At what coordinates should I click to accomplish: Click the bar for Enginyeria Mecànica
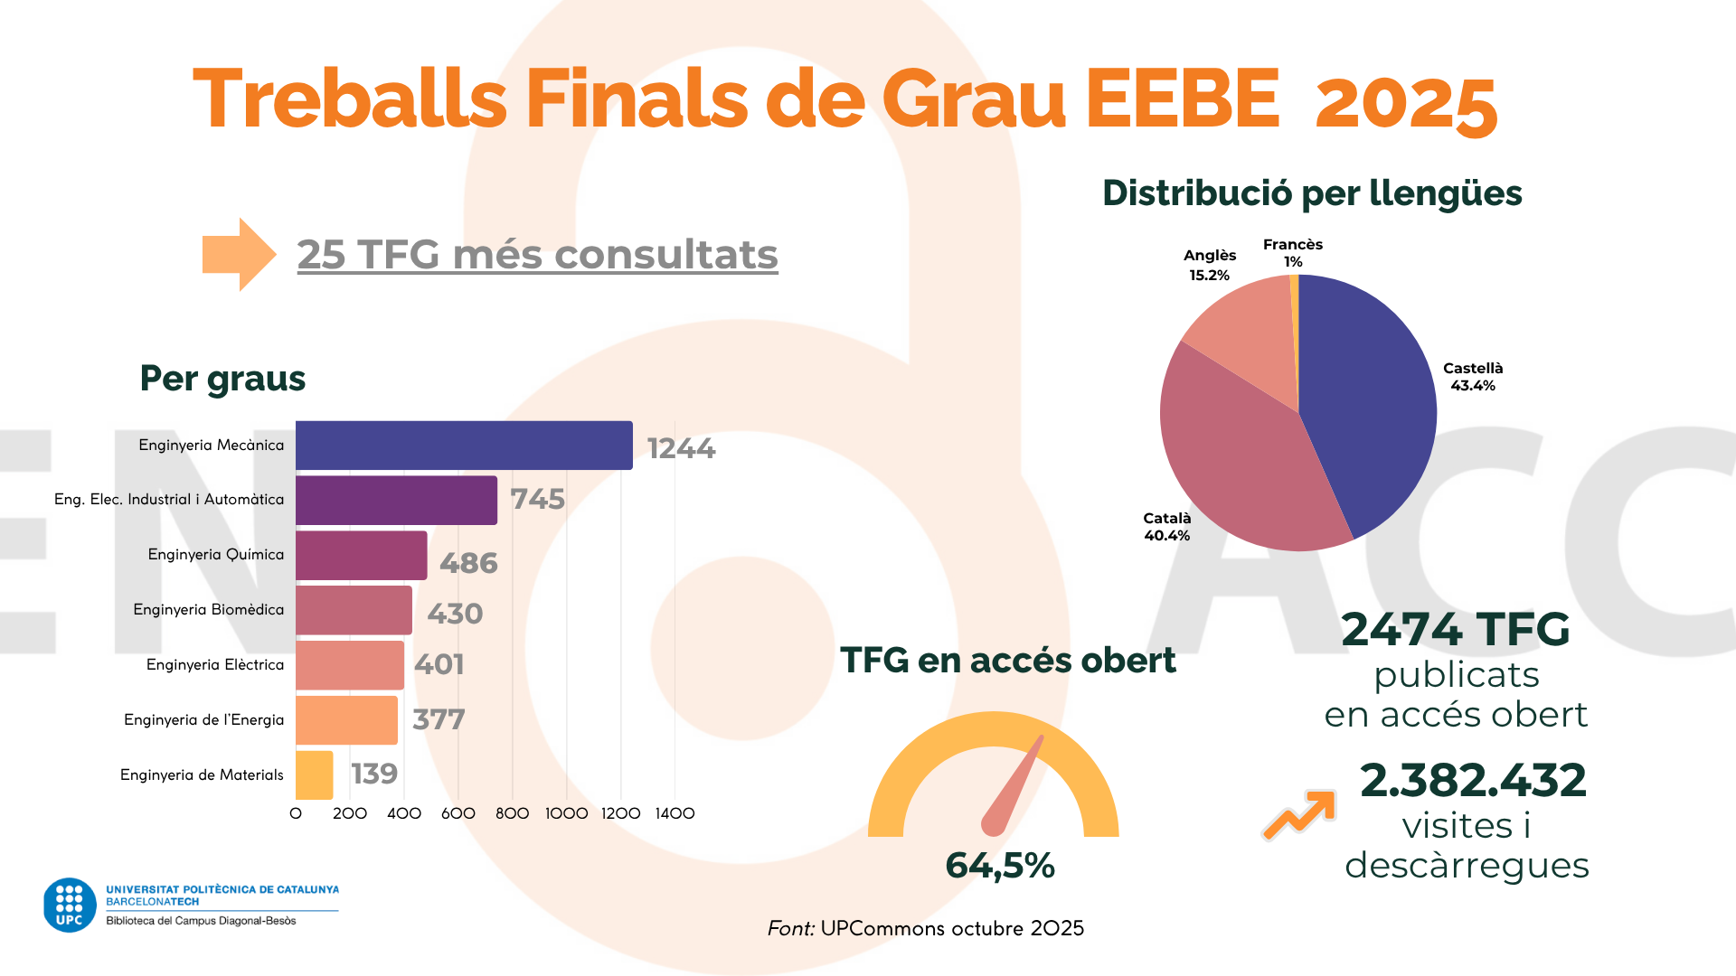pos(464,446)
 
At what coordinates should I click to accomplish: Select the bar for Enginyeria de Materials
pos(314,775)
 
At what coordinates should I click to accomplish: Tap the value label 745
pos(538,499)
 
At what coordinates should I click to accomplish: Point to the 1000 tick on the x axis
pos(566,813)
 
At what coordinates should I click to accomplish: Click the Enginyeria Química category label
pos(215,555)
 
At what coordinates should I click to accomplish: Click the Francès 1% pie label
pos(1293,252)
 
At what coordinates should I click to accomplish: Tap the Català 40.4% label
pos(1166,527)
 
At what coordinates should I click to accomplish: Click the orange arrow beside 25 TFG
pos(238,254)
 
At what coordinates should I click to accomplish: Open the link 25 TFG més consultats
pos(537,255)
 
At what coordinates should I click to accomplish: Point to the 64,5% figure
pos(1000,866)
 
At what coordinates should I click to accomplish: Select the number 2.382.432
pos(1473,780)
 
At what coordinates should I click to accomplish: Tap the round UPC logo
pos(70,905)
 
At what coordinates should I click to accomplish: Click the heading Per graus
pos(222,379)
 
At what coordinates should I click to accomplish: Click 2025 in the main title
pos(1406,102)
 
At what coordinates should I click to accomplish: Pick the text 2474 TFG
pos(1455,630)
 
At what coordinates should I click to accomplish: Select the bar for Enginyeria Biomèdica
pos(354,610)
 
